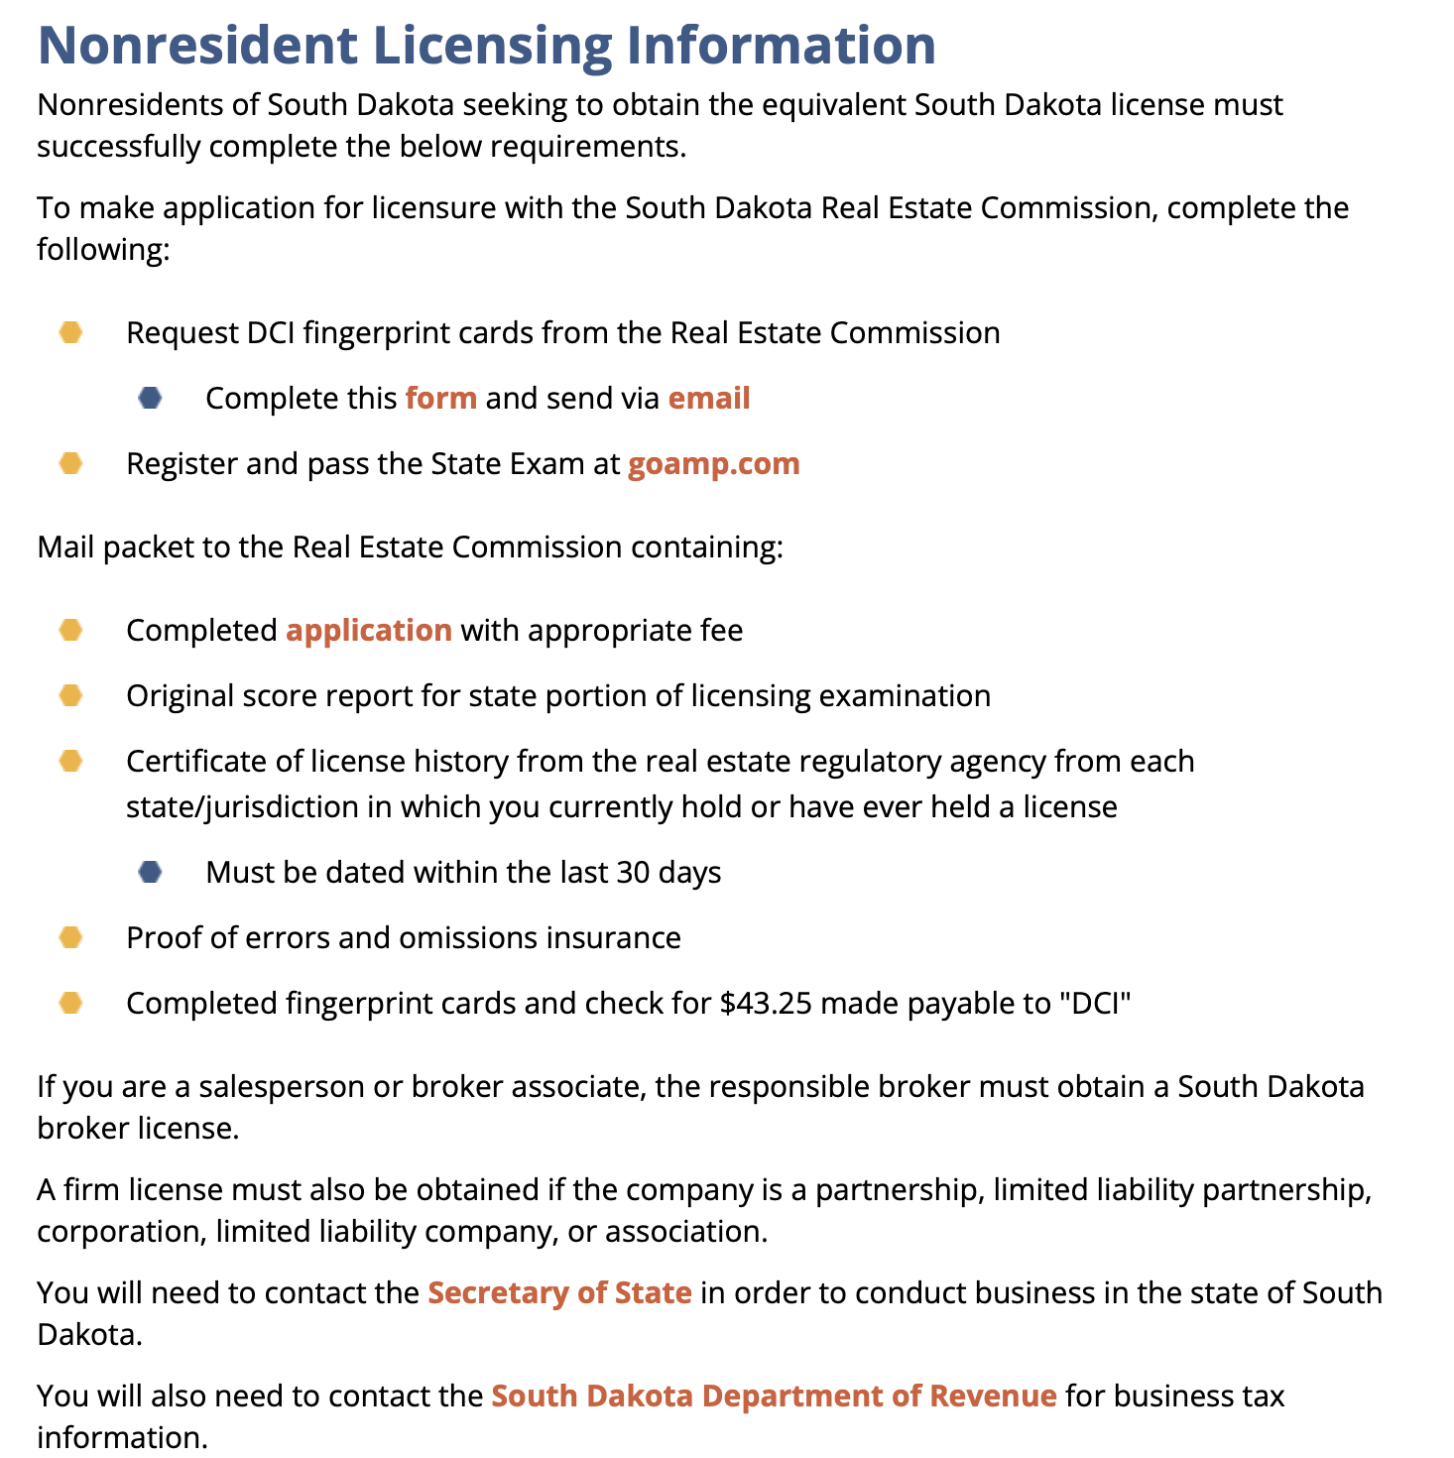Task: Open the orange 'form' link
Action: click(x=441, y=399)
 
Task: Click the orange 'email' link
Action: click(x=709, y=399)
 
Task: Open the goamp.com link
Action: click(x=713, y=464)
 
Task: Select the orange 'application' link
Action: click(x=369, y=631)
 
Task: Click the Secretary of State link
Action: click(x=559, y=1293)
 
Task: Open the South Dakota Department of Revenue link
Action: click(x=774, y=1397)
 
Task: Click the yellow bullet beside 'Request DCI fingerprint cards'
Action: click(x=70, y=332)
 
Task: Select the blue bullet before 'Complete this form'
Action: click(x=150, y=399)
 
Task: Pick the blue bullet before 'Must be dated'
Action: click(x=150, y=873)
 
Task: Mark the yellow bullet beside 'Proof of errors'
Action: click(x=70, y=938)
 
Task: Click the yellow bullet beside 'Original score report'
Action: click(x=70, y=696)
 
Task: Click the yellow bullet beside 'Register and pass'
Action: click(x=70, y=464)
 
